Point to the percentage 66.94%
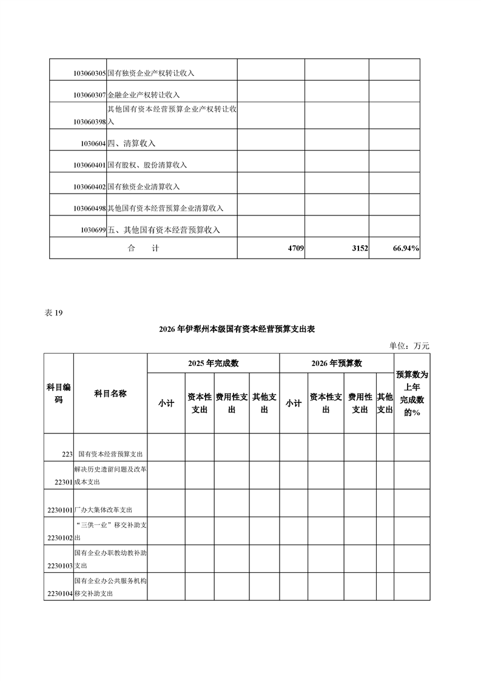click(x=402, y=248)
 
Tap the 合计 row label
click(x=143, y=248)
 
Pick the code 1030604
click(x=93, y=144)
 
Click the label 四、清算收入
click(x=132, y=144)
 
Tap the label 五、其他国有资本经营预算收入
click(x=163, y=230)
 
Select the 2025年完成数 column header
click(x=213, y=364)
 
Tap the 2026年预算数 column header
click(x=337, y=364)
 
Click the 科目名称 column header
click(x=110, y=393)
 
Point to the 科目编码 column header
click(x=59, y=393)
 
